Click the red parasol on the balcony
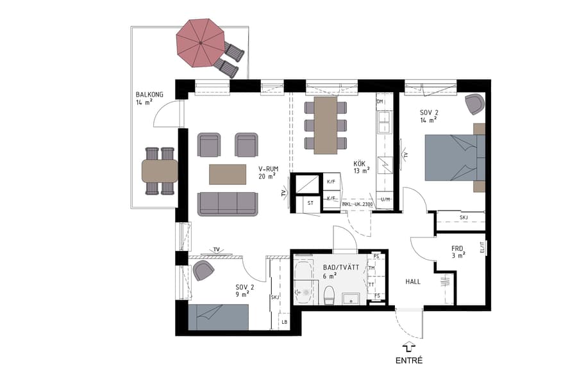(x=200, y=42)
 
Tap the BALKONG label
(x=149, y=95)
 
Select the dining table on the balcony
(x=160, y=170)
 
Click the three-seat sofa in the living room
(x=227, y=203)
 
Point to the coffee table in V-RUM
(x=228, y=174)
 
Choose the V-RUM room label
(x=267, y=170)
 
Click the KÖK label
(x=360, y=164)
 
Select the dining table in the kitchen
(x=326, y=125)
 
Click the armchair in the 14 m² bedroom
(x=474, y=103)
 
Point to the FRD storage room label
(x=457, y=248)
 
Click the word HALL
(x=413, y=282)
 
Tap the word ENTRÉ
(x=410, y=360)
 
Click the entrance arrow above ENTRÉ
(x=410, y=346)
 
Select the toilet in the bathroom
(x=330, y=295)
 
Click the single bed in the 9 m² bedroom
(x=219, y=317)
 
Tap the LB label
(x=285, y=322)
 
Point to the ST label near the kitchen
(x=311, y=203)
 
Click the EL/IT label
(x=481, y=247)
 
